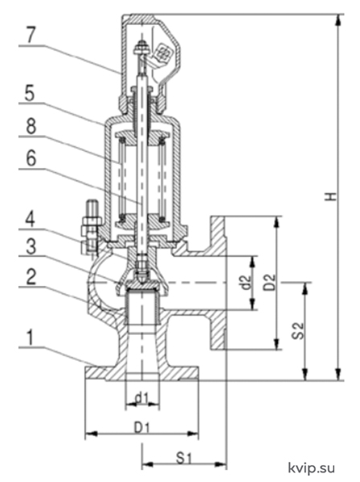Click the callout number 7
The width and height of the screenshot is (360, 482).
click(31, 35)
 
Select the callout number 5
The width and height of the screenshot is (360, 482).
click(30, 93)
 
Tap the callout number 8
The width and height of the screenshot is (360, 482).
click(31, 126)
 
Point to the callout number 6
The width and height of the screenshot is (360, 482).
click(31, 158)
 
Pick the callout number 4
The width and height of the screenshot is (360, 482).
click(30, 219)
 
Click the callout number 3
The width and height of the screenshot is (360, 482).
click(31, 247)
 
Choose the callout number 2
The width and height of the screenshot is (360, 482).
click(31, 276)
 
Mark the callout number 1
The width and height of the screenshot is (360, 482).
click(30, 337)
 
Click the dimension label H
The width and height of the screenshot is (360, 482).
click(331, 196)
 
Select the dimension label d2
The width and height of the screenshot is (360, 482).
click(247, 282)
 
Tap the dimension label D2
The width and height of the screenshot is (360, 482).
click(270, 282)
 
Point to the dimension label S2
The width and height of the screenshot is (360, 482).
click(298, 330)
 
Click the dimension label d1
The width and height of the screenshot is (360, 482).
click(142, 398)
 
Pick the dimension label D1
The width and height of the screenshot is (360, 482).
click(141, 427)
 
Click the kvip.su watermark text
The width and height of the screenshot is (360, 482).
click(311, 468)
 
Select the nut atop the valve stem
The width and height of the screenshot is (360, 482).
click(141, 48)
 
